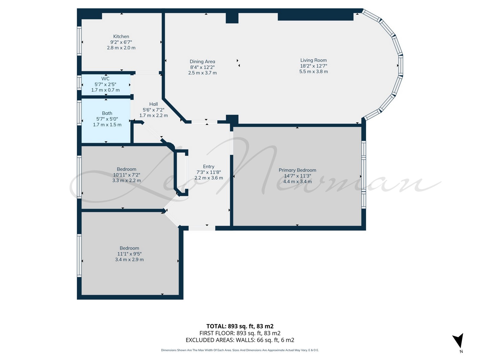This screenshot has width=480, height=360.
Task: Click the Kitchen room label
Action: [121, 36]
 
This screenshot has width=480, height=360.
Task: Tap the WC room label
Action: [105, 78]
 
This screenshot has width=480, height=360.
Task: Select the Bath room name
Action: [107, 113]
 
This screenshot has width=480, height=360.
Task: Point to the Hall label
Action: [154, 104]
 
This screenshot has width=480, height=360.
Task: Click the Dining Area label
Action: [202, 62]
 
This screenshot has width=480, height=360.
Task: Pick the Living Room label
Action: [313, 60]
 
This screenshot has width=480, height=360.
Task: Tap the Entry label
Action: [209, 166]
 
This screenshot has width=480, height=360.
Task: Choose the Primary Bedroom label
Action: [297, 170]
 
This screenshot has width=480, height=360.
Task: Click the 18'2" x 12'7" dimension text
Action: [314, 66]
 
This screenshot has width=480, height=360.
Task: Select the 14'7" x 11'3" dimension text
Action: [297, 176]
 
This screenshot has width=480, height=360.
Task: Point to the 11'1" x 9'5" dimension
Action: [130, 254]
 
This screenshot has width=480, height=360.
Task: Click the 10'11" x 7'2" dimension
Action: [127, 175]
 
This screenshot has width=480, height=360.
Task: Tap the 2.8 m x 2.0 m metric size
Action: [121, 48]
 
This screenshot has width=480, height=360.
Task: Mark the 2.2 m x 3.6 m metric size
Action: [209, 178]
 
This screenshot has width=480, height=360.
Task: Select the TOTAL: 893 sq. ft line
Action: [240, 326]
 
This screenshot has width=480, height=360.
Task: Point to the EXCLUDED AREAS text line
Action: [240, 340]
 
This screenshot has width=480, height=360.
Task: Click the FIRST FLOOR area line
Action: [240, 333]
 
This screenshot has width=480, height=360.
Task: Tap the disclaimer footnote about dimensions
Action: [240, 350]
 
